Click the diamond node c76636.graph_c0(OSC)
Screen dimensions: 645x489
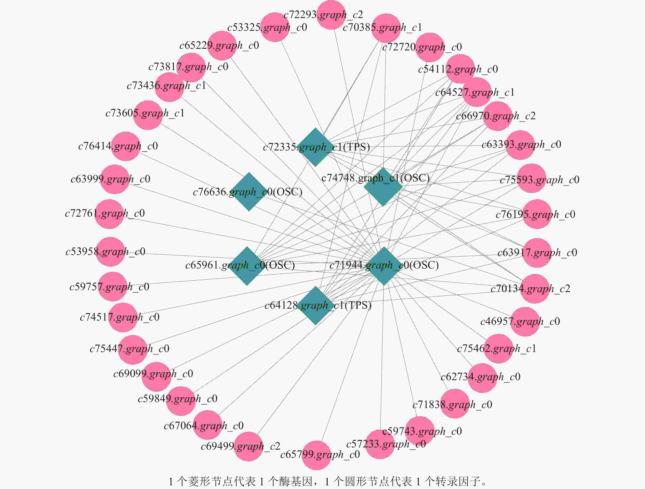(249, 192)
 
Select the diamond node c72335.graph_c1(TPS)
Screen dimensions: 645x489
(315, 147)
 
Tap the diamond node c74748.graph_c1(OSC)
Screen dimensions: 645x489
(383, 187)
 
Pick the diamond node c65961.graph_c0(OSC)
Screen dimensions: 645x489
(247, 266)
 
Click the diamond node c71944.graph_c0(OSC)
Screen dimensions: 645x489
(384, 266)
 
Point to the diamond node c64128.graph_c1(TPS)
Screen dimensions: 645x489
(316, 306)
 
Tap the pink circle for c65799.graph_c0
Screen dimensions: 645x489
(316, 455)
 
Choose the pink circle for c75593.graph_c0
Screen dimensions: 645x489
(531, 178)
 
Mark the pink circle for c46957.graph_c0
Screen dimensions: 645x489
(525, 322)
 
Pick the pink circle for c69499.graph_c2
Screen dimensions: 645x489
(249, 446)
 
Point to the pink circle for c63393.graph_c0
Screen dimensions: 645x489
(520, 145)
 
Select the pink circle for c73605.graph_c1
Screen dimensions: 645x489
(148, 115)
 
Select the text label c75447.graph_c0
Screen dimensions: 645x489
(129, 349)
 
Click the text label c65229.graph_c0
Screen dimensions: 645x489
(219, 45)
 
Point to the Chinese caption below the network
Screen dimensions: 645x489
(328, 481)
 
